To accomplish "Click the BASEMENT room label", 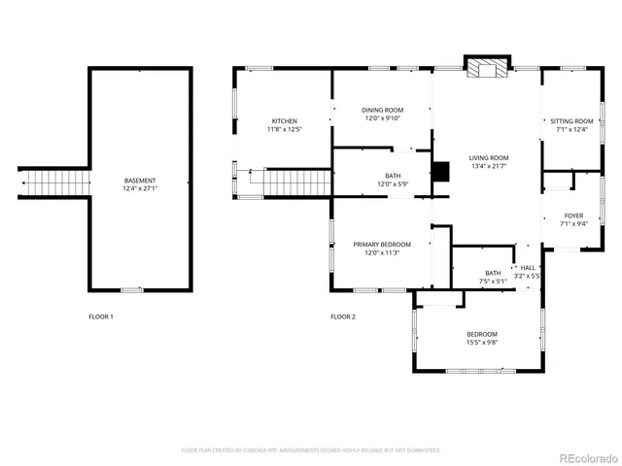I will (140, 181).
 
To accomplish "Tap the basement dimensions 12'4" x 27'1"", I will (140, 189).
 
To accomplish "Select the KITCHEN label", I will (285, 120).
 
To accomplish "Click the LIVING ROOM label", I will (489, 157).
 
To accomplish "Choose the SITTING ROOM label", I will (571, 120).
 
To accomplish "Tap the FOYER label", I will (573, 216).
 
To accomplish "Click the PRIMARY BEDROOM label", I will (382, 244).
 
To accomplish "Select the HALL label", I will (528, 267).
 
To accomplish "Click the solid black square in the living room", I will (442, 171).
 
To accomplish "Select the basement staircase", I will (56, 181).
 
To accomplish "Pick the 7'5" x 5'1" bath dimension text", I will (493, 282).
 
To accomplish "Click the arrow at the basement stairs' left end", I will (21, 181).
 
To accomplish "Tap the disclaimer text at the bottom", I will (311, 449).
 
